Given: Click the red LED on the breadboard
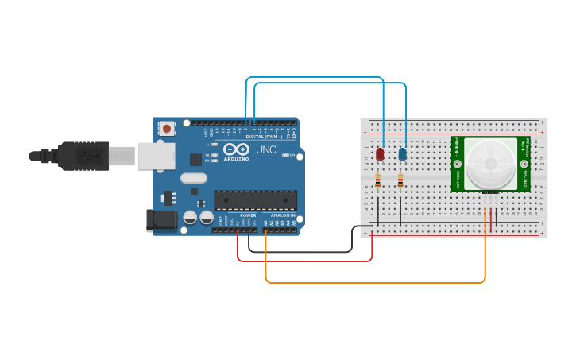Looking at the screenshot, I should tap(380, 153).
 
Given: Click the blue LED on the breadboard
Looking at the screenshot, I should tap(403, 153).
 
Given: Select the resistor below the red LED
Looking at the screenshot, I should tap(377, 180).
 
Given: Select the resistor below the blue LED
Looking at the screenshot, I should tap(400, 180).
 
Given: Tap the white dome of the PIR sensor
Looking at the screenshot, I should tap(489, 164).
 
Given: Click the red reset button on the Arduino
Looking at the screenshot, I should tap(167, 128).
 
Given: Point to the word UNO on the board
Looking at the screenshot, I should tap(265, 149).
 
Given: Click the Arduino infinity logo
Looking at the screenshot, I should tap(236, 149).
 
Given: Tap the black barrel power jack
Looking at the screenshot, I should tap(161, 220).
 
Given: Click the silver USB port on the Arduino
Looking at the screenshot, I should tap(156, 156).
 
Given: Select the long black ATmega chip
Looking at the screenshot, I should tap(255, 200).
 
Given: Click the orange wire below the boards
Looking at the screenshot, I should tap(373, 282).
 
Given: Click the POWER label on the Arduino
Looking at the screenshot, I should tap(248, 215).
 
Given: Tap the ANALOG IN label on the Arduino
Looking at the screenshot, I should tap(282, 215).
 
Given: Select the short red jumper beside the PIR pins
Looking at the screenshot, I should tap(491, 220).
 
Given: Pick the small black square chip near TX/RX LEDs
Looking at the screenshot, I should tap(195, 159).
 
